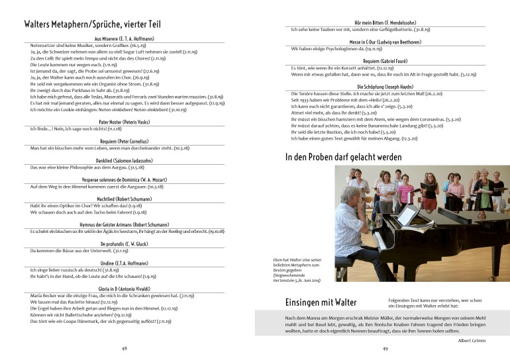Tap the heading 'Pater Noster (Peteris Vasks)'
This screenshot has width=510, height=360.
(124, 122)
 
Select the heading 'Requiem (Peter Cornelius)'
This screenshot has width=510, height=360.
(124, 141)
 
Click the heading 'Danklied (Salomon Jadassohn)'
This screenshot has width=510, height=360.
(124, 161)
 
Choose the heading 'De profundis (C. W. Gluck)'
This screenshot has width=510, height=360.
(124, 244)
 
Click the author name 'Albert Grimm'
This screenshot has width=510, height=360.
(472, 339)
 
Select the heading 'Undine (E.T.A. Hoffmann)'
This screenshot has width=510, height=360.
(124, 263)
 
